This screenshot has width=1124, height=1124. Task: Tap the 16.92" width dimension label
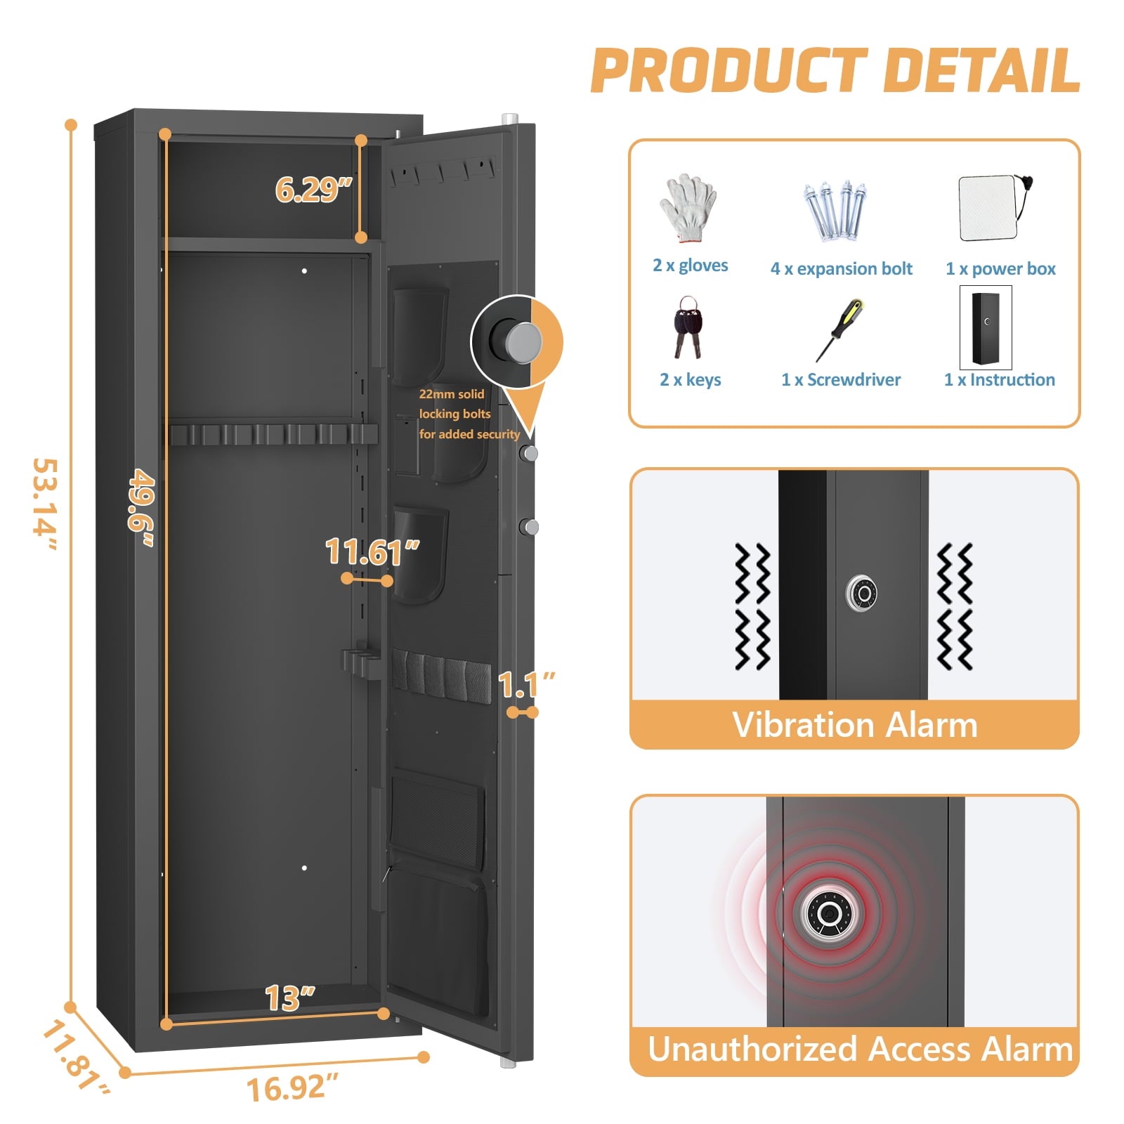[292, 1088]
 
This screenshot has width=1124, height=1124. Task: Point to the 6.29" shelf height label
[313, 190]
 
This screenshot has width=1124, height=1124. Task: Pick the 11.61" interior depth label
[372, 551]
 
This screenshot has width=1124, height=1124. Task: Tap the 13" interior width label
[290, 998]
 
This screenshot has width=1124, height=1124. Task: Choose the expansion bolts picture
[836, 211]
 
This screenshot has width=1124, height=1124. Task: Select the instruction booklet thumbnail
[986, 327]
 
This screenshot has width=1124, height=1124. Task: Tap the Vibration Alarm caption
[855, 725]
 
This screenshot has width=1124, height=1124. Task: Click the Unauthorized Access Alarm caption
[861, 1049]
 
